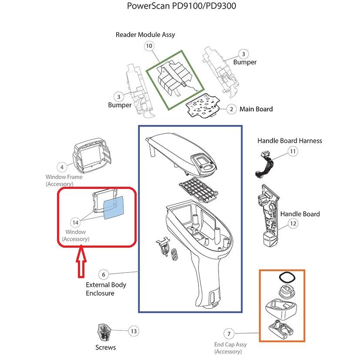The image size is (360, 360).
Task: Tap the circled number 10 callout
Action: [149, 46]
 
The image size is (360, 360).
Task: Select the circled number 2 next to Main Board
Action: [231, 109]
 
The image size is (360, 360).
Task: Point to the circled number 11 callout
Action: [293, 151]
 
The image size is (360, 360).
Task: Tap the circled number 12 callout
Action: [293, 224]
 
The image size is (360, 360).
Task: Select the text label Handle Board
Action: [300, 214]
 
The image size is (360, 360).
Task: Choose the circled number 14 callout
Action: [75, 222]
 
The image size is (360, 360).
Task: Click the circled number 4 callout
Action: [62, 167]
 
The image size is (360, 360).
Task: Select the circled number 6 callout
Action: [103, 274]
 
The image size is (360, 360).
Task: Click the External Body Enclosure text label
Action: [106, 289]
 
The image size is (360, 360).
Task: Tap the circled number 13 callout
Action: [134, 331]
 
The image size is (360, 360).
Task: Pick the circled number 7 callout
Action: [229, 334]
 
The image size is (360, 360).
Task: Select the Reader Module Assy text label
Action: [145, 34]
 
